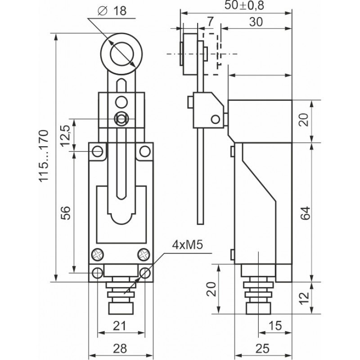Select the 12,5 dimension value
coord(66,136)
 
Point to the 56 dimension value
coord(66,213)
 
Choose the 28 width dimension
coord(120,347)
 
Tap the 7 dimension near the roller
coord(210,22)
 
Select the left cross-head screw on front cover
coord(98,255)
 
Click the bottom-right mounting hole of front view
coord(144,273)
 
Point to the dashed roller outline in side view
coord(212,49)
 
